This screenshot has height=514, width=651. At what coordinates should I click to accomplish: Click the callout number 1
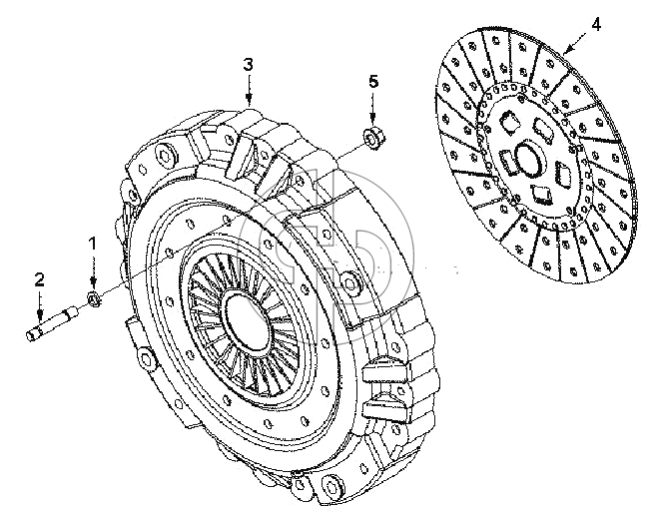tap(93, 244)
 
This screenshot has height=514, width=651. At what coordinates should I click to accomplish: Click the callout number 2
tap(39, 280)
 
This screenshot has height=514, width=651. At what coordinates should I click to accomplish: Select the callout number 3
tap(248, 65)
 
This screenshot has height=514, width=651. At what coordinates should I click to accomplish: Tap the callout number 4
tap(596, 25)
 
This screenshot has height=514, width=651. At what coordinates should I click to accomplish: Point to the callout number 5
tap(373, 82)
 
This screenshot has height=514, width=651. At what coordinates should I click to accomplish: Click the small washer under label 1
tap(94, 298)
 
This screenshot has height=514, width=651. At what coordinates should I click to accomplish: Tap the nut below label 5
tap(374, 138)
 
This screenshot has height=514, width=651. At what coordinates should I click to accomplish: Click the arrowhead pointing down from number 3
tap(249, 100)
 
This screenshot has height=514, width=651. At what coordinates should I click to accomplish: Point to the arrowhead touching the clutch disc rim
tap(567, 50)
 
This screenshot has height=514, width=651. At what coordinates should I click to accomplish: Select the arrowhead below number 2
tap(40, 315)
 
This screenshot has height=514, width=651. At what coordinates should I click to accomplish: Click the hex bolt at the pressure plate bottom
tap(332, 487)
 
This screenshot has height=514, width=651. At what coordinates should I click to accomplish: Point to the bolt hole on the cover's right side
tap(349, 278)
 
